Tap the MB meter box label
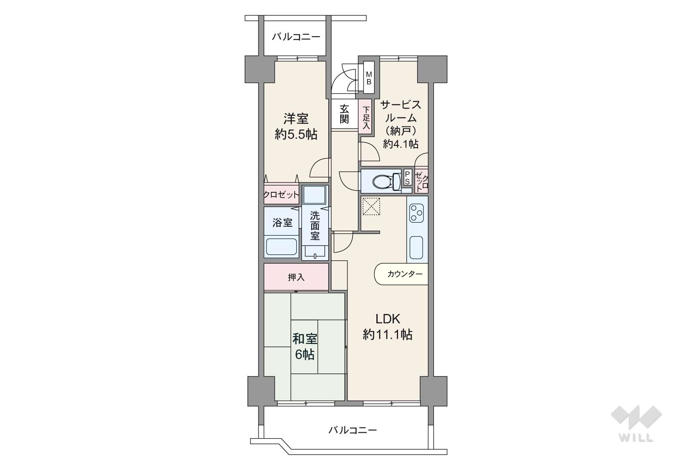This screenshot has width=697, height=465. (369, 78)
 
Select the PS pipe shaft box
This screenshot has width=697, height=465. (408, 177)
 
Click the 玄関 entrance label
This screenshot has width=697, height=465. (344, 114)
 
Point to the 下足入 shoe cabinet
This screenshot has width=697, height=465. (366, 118)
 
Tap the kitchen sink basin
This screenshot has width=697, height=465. (416, 248)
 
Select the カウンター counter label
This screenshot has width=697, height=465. (405, 274)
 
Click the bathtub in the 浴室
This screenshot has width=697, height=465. (282, 247)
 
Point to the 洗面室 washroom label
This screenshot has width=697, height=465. (315, 225)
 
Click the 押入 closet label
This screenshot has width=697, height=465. (296, 277)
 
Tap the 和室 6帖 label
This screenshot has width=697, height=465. (304, 347)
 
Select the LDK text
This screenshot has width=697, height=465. (388, 319)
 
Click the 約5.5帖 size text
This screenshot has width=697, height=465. (296, 134)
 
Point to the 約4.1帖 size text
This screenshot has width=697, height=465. (401, 144)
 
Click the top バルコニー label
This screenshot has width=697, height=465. (296, 37)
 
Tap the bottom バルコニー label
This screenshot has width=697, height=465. (353, 431)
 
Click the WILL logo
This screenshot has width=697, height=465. (636, 424)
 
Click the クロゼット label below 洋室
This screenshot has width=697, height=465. (281, 195)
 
